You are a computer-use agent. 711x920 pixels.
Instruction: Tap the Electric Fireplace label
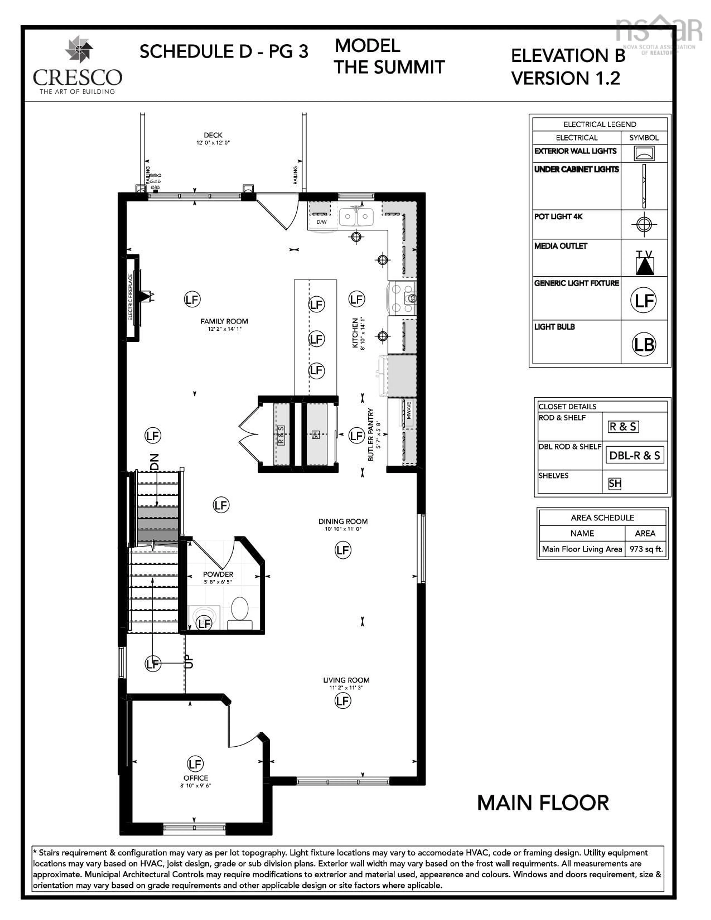point(131,297)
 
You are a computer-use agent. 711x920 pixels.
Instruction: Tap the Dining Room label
point(343,522)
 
